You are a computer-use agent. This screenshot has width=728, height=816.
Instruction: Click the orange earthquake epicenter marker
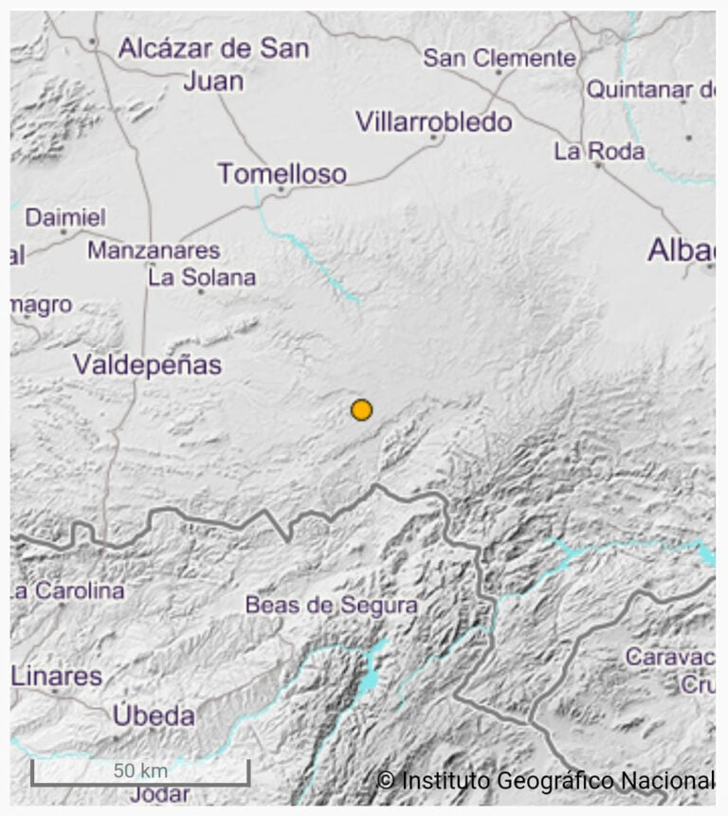click(361, 409)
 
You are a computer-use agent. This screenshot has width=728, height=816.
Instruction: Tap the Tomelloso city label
click(282, 173)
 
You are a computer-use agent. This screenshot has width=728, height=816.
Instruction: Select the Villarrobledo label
click(433, 122)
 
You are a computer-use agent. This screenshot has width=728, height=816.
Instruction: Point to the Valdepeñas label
click(147, 365)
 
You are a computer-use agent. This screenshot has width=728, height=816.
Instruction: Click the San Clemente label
click(499, 58)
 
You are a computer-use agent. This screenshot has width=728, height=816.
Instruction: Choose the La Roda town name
click(599, 151)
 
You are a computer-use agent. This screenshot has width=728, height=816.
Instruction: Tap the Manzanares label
click(154, 251)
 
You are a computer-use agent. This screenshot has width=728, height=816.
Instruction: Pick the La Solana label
click(202, 278)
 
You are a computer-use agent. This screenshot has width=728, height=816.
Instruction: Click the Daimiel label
click(65, 217)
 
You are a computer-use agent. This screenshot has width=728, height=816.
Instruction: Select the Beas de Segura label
click(331, 605)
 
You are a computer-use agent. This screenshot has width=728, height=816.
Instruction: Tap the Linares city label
click(57, 677)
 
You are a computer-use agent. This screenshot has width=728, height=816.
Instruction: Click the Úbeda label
click(154, 716)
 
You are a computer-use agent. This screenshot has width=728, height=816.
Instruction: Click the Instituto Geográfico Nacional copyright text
click(545, 780)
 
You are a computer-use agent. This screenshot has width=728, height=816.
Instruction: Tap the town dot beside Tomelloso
click(282, 190)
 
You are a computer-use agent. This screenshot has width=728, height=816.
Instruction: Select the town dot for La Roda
click(597, 165)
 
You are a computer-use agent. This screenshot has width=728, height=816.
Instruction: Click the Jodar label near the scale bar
click(160, 794)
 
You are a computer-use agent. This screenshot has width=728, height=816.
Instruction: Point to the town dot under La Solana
click(201, 292)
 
